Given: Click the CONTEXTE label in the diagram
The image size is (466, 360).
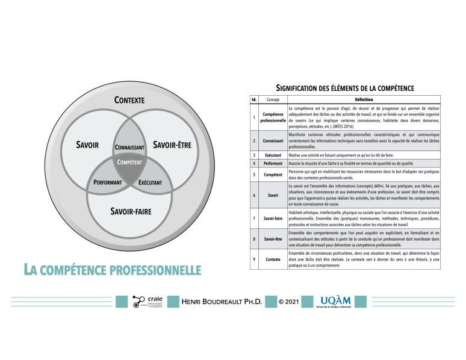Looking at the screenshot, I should [129, 100].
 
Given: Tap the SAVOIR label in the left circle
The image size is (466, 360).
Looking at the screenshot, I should [88, 145].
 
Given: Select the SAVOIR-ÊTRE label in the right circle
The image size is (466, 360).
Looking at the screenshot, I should [172, 145].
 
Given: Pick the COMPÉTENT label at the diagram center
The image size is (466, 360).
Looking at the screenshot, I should [129, 163].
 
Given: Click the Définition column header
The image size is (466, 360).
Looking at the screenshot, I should [360, 99].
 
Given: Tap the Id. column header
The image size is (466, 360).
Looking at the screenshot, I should [253, 99].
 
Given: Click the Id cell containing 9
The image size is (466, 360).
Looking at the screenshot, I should [253, 259].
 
